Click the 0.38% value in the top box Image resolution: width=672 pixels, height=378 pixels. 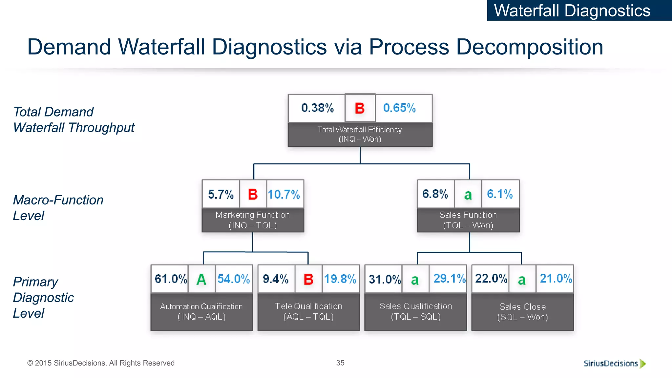(317, 108)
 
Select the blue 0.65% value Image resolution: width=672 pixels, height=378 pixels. (399, 108)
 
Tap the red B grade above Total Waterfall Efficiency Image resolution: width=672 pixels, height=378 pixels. (360, 108)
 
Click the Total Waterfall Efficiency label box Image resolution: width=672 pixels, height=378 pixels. (360, 134)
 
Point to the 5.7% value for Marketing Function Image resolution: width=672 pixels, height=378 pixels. (221, 194)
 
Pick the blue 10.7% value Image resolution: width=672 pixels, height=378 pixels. (284, 194)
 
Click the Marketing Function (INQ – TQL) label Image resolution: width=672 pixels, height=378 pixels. (253, 220)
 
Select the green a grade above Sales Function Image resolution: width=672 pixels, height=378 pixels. (468, 195)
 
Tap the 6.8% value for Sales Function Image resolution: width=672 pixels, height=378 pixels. (435, 194)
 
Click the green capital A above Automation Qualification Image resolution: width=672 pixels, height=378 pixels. (201, 280)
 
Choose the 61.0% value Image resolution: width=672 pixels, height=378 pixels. (171, 279)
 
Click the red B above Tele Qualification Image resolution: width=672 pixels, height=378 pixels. (308, 280)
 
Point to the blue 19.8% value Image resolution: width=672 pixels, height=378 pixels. (340, 279)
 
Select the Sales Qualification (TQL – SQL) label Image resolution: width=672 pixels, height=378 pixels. (415, 311)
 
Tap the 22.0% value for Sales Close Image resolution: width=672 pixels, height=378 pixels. (491, 279)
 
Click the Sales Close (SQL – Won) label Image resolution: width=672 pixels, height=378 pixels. (522, 312)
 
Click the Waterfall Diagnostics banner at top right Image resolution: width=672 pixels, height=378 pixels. (572, 10)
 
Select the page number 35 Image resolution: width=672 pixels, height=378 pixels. (340, 363)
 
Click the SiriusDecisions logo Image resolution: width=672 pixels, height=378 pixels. (614, 363)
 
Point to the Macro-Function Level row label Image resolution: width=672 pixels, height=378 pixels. (58, 208)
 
